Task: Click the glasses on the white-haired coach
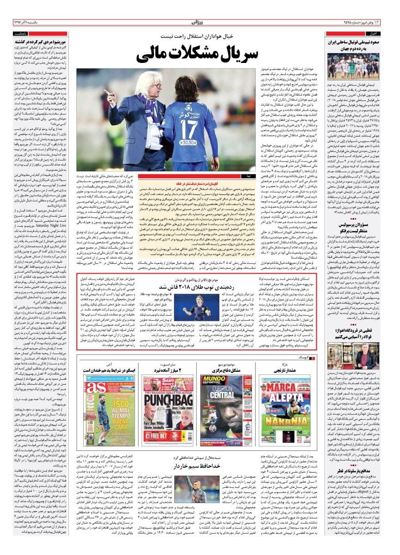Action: point(145,88)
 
